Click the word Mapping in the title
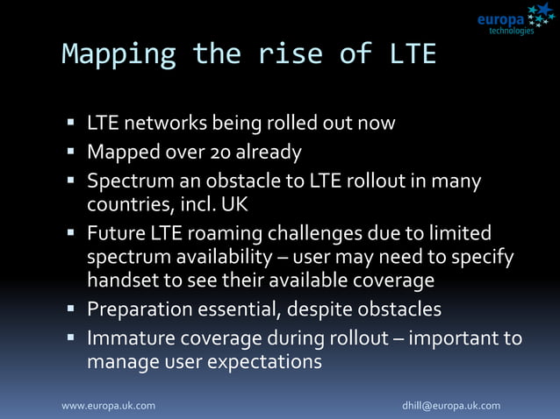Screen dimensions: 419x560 click(x=119, y=54)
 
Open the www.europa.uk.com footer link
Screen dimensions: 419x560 click(x=108, y=406)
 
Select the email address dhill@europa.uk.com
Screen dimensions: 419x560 click(x=451, y=406)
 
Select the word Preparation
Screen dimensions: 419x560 click(x=140, y=309)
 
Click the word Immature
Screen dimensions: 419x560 click(x=129, y=337)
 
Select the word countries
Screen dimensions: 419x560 click(x=124, y=207)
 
